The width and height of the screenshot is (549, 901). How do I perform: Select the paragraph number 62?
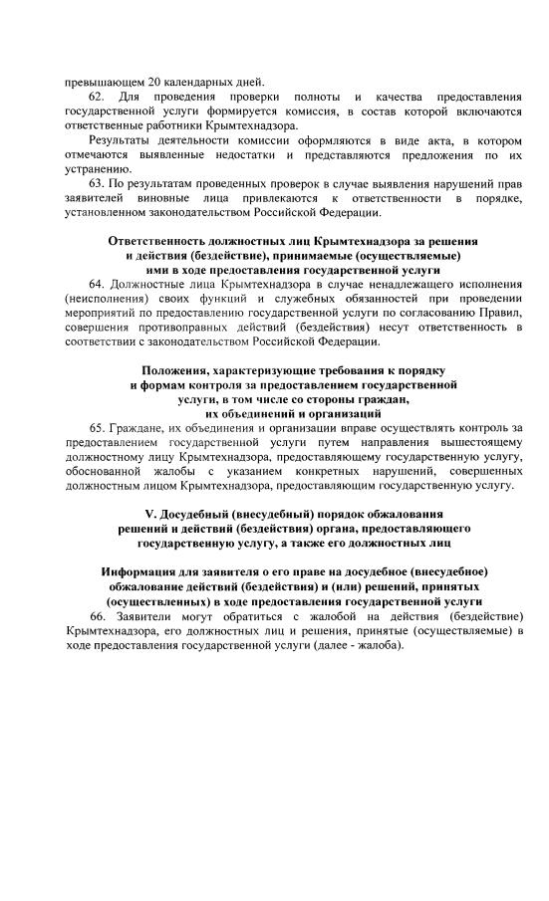pos(98,97)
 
